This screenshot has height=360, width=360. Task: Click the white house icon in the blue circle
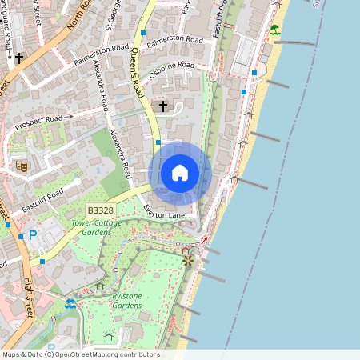[x=180, y=173]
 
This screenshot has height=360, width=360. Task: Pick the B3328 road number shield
[x=101, y=210]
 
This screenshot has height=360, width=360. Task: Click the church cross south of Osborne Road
[x=163, y=106]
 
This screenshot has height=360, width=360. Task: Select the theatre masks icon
[x=21, y=166]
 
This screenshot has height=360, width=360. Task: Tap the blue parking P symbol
[x=33, y=235]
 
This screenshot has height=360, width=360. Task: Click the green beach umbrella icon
[x=274, y=30]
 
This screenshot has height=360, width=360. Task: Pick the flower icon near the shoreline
[x=188, y=260]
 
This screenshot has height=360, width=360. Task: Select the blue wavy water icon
[x=70, y=303]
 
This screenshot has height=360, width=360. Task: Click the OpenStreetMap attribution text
[x=80, y=354]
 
